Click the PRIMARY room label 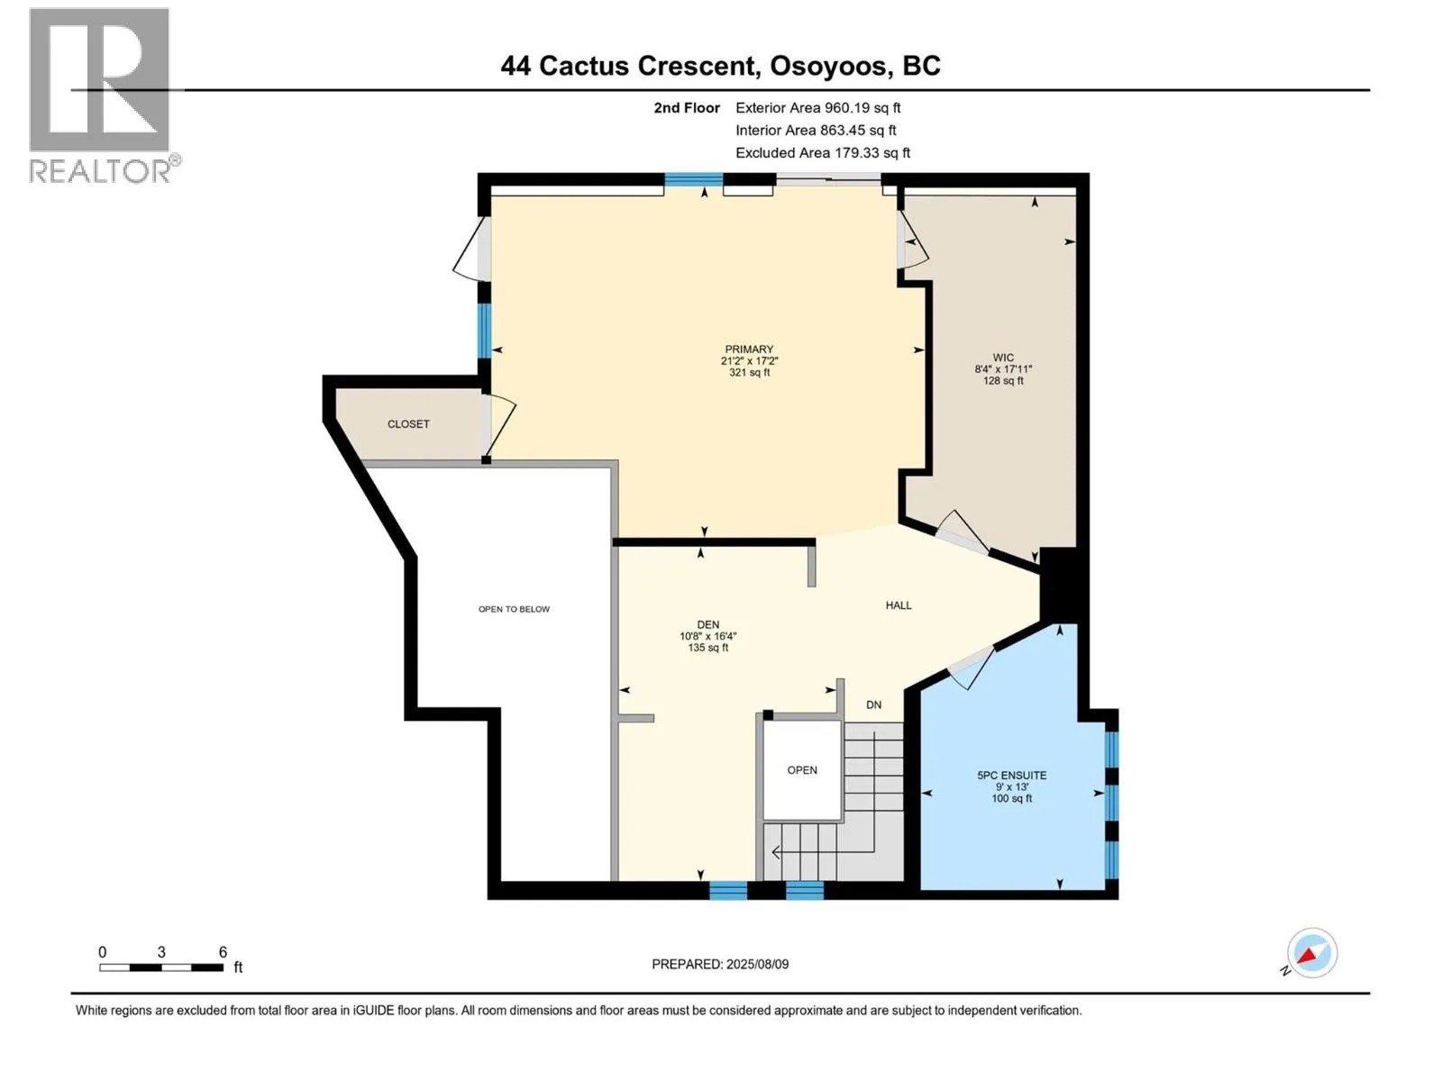749,350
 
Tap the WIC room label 1002,358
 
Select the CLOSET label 408,424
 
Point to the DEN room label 708,624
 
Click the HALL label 898,605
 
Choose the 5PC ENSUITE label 1012,775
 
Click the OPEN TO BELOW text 514,609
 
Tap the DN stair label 873,705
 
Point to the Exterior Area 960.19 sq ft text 818,107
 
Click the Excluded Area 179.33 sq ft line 823,153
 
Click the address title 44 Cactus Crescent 627,66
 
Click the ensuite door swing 971,668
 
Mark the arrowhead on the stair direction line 776,852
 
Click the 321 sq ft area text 749,372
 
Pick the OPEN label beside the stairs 802,770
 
